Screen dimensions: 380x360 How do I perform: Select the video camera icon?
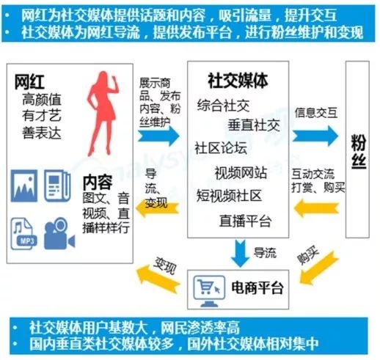(x=59, y=234)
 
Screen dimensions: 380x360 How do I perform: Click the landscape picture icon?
(x=24, y=186)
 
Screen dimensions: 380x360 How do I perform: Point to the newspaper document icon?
(x=57, y=186)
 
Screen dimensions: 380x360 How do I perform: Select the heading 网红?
(x=29, y=81)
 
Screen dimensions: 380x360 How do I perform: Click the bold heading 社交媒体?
(x=238, y=81)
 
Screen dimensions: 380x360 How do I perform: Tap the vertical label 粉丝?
(x=359, y=152)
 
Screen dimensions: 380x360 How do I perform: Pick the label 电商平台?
(x=257, y=287)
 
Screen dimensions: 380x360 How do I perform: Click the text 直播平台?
(x=245, y=221)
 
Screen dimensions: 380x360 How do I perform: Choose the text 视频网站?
(x=241, y=173)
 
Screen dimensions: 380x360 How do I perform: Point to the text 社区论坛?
(x=221, y=148)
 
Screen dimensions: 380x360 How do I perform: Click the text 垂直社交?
(x=254, y=125)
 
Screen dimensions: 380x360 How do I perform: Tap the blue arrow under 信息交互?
(x=315, y=136)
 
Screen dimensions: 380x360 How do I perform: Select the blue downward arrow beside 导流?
(x=241, y=253)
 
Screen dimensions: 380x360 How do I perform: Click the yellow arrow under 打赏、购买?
(x=316, y=208)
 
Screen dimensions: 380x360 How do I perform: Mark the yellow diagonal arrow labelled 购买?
(x=318, y=268)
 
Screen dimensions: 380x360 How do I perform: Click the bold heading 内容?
(x=98, y=182)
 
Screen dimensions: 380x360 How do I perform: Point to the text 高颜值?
(x=42, y=100)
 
